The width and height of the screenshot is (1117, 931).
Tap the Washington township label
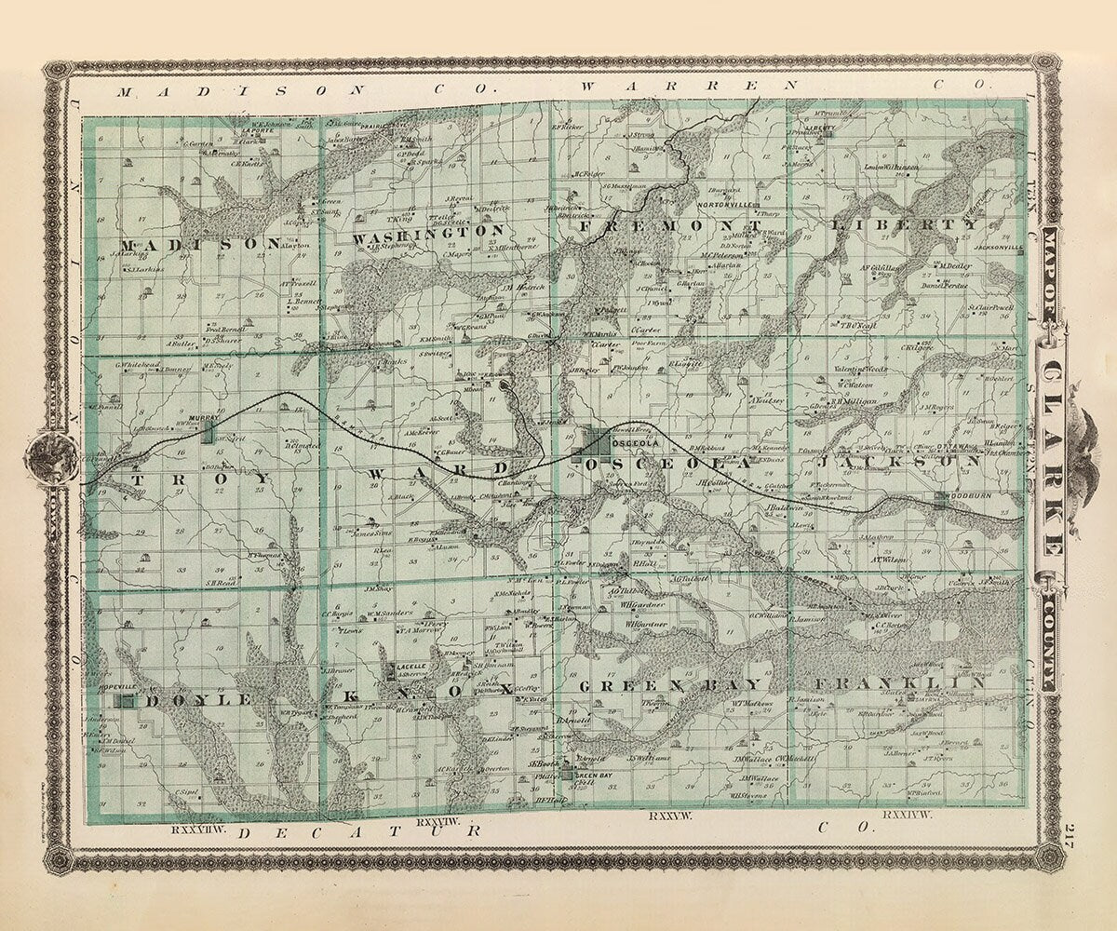click(429, 234)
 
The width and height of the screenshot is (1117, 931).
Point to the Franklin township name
click(903, 683)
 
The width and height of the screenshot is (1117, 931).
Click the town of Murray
click(202, 419)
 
